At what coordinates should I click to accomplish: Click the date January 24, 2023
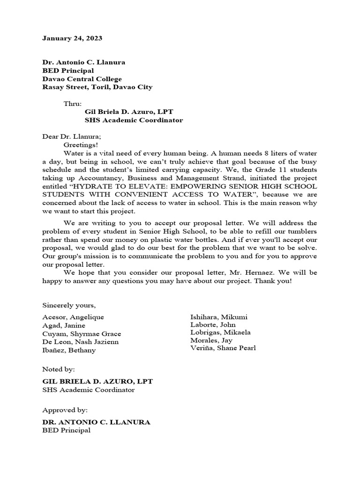point(72,38)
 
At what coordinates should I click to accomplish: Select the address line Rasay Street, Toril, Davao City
point(97,87)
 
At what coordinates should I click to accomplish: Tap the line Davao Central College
point(82,79)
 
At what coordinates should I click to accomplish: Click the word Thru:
point(73,104)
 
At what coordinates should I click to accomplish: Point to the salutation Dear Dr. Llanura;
point(71,136)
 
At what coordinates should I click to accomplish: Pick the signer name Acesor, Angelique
point(73,317)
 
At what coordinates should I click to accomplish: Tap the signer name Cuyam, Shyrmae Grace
point(82,334)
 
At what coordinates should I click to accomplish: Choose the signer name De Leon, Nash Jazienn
point(80,342)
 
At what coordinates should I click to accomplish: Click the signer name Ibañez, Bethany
point(69,350)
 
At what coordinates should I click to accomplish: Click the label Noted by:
point(59,369)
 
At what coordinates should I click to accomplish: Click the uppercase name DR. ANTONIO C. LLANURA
point(96,422)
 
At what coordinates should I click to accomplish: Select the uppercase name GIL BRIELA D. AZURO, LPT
point(97,382)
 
